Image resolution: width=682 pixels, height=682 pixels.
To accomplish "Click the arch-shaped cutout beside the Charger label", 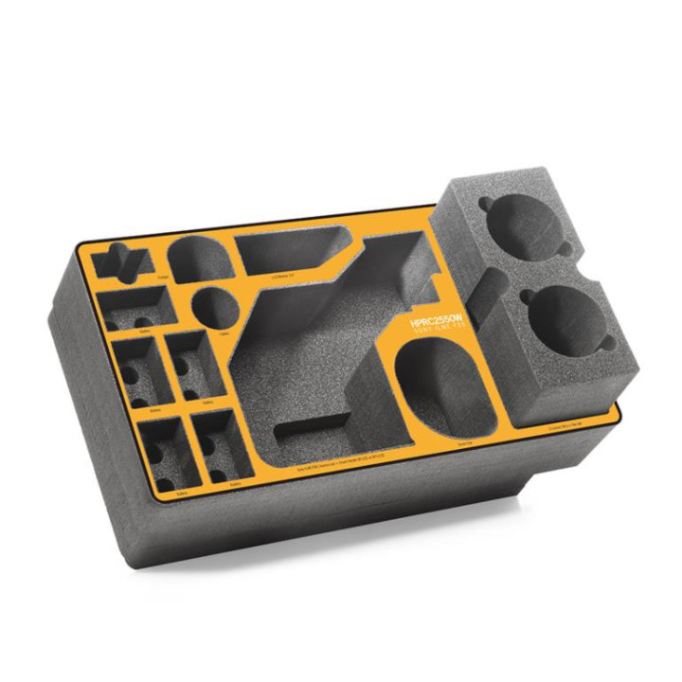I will coord(200,258).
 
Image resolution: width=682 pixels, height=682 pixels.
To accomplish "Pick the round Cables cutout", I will coord(215,309).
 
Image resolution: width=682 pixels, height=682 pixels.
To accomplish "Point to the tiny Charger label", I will coord(165,278).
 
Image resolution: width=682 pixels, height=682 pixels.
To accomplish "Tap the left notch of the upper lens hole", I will coord(486,206).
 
